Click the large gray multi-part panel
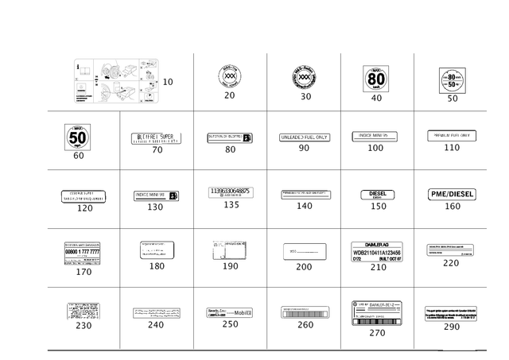click(x=116, y=80)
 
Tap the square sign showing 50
click(x=78, y=137)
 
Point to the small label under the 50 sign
click(x=78, y=156)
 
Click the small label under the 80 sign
click(x=378, y=98)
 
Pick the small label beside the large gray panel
click(x=168, y=81)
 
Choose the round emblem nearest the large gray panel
click(x=230, y=77)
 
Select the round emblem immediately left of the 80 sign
click(x=305, y=77)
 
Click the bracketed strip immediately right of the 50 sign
click(x=157, y=137)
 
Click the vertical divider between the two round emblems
click(x=266, y=79)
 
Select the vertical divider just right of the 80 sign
click(x=414, y=79)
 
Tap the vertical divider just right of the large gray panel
click(x=193, y=79)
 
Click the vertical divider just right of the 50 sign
click(x=119, y=139)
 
